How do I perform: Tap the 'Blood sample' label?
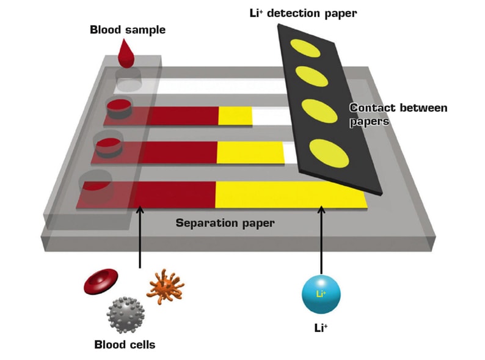[128, 29]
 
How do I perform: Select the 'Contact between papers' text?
[398, 114]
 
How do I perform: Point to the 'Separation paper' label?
[225, 223]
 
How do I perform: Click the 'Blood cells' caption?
[125, 345]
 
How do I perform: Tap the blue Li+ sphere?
[321, 294]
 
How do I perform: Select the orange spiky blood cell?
[165, 285]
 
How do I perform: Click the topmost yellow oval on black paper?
[300, 46]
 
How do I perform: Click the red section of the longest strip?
[174, 195]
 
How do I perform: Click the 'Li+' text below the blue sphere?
[321, 328]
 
